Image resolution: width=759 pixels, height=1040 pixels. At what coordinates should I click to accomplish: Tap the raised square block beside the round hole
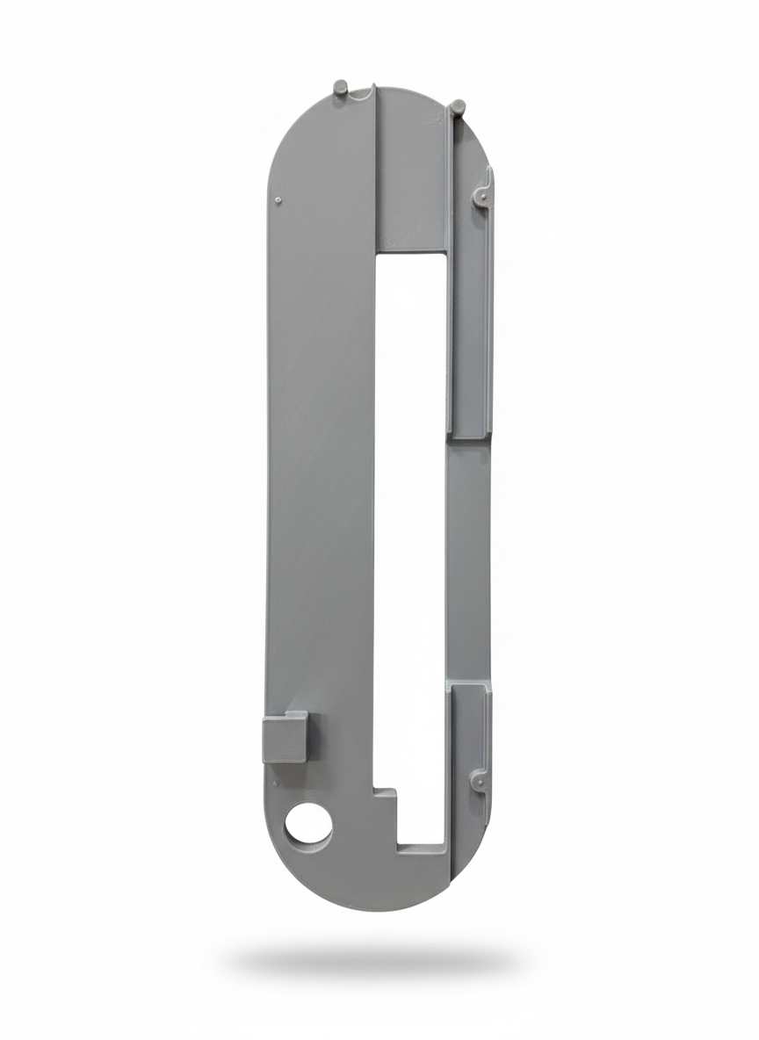pyautogui.click(x=285, y=736)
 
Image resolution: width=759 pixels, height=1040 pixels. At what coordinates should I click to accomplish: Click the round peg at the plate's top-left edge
pyautogui.click(x=341, y=89)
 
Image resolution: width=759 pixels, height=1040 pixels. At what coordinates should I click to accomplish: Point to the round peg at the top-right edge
pyautogui.click(x=457, y=108)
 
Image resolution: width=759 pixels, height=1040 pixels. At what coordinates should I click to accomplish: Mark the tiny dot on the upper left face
pyautogui.click(x=278, y=200)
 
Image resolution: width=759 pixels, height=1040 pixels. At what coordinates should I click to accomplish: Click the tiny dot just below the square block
pyautogui.click(x=276, y=781)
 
